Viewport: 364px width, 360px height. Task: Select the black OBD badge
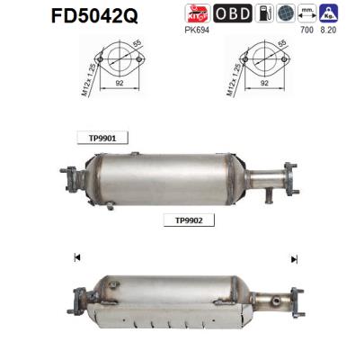pyautogui.click(x=231, y=14)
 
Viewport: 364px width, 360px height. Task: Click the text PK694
pyautogui.click(x=196, y=31)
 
